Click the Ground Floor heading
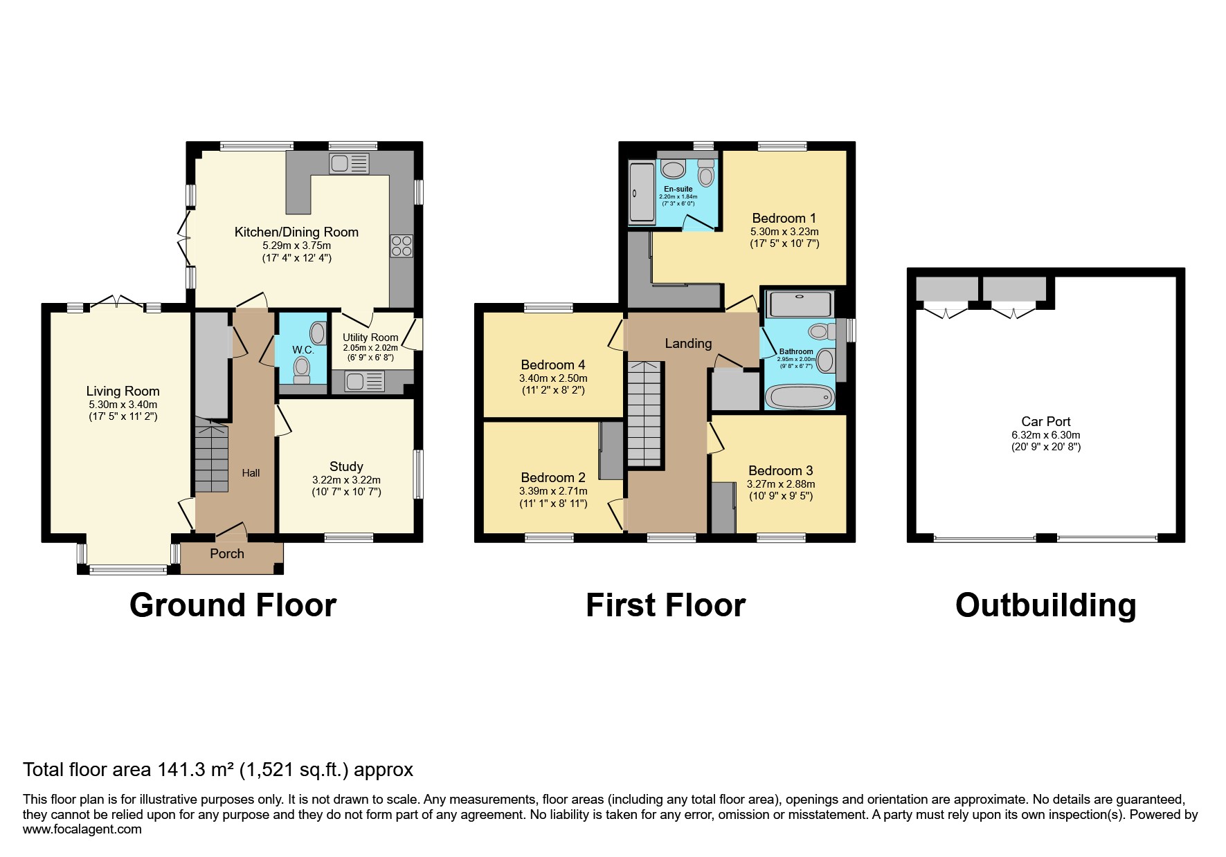click(233, 605)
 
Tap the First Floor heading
click(665, 605)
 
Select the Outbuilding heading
click(1045, 605)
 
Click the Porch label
click(227, 554)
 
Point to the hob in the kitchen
click(402, 246)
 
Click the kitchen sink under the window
click(350, 164)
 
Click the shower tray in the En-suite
click(640, 193)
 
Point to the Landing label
click(688, 344)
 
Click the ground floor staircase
click(211, 457)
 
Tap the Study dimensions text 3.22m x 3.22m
click(346, 480)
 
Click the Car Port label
click(1045, 421)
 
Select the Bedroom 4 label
click(552, 365)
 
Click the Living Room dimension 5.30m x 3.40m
click(123, 405)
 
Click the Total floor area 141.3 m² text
click(218, 770)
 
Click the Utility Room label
click(370, 338)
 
